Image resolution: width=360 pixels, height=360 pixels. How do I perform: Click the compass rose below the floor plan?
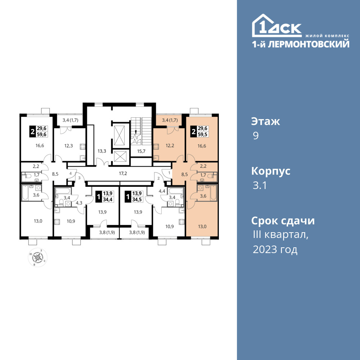(38, 257)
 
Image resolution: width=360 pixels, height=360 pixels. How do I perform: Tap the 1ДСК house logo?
(276, 26)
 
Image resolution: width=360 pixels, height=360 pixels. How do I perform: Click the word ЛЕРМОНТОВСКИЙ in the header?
(309, 44)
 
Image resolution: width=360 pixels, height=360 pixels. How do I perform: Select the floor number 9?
(256, 136)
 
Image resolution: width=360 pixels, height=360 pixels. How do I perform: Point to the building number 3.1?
(260, 185)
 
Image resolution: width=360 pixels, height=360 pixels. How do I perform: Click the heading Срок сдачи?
(283, 221)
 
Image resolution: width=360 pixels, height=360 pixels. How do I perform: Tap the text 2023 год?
(275, 249)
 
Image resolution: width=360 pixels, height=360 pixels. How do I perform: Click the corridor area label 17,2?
(123, 174)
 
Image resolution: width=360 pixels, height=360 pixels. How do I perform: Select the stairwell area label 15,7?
(141, 151)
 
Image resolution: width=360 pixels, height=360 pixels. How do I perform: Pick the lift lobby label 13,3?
(102, 151)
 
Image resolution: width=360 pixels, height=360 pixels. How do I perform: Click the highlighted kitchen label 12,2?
(170, 145)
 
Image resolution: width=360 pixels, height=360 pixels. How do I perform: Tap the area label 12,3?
(68, 145)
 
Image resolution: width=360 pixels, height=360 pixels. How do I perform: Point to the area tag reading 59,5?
(203, 134)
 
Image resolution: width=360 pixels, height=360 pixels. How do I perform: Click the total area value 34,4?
(107, 199)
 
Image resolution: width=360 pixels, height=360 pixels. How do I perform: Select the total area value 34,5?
(137, 199)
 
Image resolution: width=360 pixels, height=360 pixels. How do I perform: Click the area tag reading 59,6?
(41, 134)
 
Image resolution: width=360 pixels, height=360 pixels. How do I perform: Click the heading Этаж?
(266, 121)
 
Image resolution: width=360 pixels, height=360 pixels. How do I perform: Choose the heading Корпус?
(271, 171)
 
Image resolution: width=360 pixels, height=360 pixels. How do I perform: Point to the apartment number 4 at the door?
(71, 173)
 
